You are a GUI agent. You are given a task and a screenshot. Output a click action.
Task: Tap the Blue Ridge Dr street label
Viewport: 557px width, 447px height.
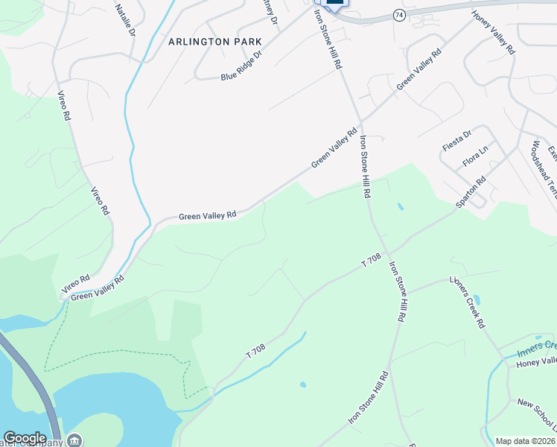(x=242, y=66)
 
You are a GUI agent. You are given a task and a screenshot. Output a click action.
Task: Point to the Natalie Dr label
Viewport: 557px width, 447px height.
(x=125, y=20)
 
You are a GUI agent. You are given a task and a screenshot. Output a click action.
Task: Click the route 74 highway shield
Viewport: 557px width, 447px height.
(x=400, y=15)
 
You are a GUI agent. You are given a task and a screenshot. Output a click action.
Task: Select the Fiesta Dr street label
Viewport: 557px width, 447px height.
(x=456, y=140)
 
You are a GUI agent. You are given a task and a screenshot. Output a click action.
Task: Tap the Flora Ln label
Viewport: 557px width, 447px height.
(x=474, y=156)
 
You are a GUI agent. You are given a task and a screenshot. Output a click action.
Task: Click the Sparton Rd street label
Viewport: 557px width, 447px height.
(x=471, y=191)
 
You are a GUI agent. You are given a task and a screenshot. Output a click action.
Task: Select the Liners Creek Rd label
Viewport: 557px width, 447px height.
(x=467, y=302)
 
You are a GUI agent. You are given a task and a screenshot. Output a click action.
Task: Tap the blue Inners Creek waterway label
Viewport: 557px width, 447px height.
(x=539, y=345)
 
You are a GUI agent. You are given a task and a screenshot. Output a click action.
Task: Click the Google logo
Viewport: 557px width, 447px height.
(x=25, y=438)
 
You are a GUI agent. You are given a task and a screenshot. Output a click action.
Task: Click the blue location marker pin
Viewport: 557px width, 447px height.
(x=335, y=3)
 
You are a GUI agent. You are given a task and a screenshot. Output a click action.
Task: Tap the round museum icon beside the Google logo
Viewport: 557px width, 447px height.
(x=74, y=440)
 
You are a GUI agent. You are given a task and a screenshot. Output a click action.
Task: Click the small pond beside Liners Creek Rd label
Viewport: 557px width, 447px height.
(x=477, y=300)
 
